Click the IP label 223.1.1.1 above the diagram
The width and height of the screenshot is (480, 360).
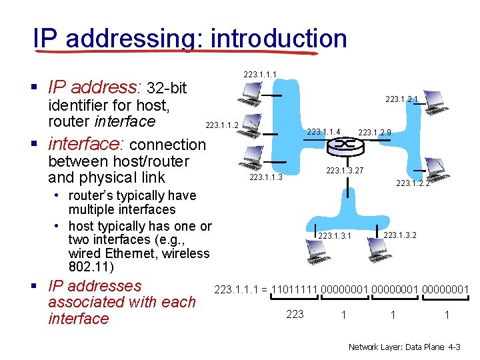pyautogui.click(x=260, y=73)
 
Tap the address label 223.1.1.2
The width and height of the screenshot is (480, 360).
pyautogui.click(x=222, y=125)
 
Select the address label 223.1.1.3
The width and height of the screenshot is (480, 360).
pyautogui.click(x=265, y=177)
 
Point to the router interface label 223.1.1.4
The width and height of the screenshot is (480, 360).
pyautogui.click(x=324, y=131)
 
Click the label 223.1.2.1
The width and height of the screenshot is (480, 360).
pyautogui.click(x=402, y=99)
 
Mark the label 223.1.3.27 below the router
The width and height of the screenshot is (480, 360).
pyautogui.click(x=345, y=171)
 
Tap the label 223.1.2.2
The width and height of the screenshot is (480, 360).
pyautogui.click(x=413, y=183)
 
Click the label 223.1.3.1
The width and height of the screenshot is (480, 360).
pyautogui.click(x=335, y=236)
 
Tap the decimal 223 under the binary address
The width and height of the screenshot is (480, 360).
pyautogui.click(x=295, y=314)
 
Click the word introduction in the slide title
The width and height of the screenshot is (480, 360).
pyautogui.click(x=278, y=39)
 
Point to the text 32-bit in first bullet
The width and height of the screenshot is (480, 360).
pyautogui.click(x=167, y=88)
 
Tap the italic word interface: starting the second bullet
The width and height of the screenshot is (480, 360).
pyautogui.click(x=87, y=144)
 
